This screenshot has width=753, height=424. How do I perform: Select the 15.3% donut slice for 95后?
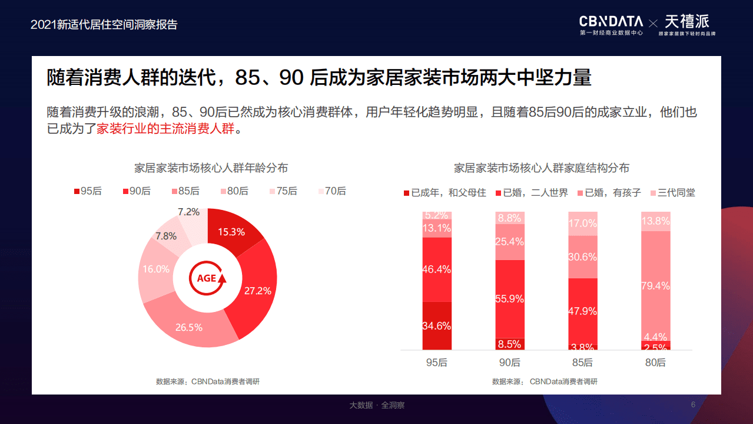click(x=231, y=232)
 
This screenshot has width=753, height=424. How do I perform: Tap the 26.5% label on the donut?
click(x=189, y=327)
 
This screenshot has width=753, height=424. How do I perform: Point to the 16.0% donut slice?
click(x=155, y=269)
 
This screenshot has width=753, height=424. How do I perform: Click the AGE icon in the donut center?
click(x=207, y=278)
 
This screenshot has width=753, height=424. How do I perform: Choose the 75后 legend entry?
click(x=283, y=191)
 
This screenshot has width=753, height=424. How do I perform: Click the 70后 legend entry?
click(x=332, y=191)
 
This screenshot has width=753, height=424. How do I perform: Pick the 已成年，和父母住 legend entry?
click(x=444, y=193)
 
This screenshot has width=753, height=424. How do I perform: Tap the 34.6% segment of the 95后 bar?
click(x=437, y=326)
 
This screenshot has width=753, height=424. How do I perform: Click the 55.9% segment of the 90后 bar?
click(x=510, y=299)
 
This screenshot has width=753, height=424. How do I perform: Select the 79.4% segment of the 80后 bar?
click(x=656, y=285)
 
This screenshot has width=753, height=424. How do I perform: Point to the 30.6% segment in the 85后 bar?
click(x=583, y=257)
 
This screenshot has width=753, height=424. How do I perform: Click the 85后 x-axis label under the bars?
click(x=583, y=363)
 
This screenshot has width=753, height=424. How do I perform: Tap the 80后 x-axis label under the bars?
click(x=656, y=363)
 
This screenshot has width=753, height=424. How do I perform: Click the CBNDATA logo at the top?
click(x=611, y=22)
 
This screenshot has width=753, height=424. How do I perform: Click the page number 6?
click(x=693, y=405)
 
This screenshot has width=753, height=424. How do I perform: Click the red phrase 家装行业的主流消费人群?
click(x=165, y=129)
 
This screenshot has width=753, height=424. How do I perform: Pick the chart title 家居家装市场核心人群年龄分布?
click(x=211, y=168)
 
